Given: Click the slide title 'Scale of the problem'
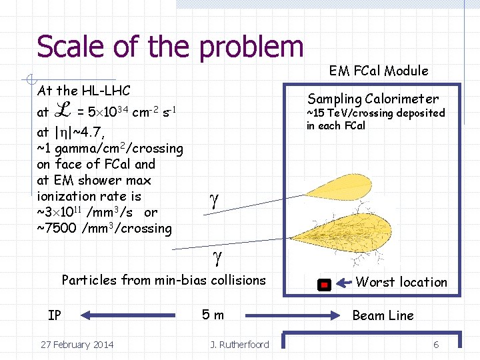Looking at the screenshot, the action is pyautogui.click(x=170, y=47).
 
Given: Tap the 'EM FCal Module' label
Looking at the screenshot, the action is pyautogui.click(x=379, y=71).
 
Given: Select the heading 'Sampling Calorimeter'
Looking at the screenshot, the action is pyautogui.click(x=373, y=99).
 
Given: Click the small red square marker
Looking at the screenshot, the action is pyautogui.click(x=323, y=285).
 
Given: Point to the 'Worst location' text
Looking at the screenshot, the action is pyautogui.click(x=401, y=282).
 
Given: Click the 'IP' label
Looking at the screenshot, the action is pyautogui.click(x=55, y=315).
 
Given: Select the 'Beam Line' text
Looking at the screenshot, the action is pyautogui.click(x=383, y=315).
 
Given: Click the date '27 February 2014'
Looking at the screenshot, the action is pyautogui.click(x=77, y=345).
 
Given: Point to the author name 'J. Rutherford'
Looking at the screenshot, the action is pyautogui.click(x=239, y=345).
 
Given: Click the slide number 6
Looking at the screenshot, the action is pyautogui.click(x=436, y=345).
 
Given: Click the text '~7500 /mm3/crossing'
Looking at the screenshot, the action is pyautogui.click(x=105, y=229).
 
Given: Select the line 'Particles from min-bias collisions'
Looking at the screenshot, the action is pyautogui.click(x=163, y=280).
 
